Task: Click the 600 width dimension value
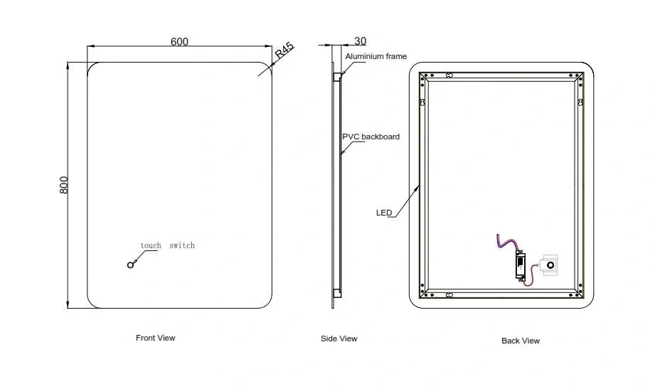click(179, 41)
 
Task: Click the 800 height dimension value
click(63, 186)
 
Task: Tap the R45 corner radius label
click(284, 51)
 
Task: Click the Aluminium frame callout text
click(376, 56)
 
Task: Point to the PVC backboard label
click(371, 137)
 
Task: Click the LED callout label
click(384, 213)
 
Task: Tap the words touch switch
click(167, 245)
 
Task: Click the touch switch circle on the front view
click(130, 265)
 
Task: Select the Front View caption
click(155, 338)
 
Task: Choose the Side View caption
click(339, 339)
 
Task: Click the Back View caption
click(521, 341)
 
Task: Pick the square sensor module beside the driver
click(550, 265)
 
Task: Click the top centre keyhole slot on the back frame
click(449, 75)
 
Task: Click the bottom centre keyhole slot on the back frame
click(449, 293)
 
